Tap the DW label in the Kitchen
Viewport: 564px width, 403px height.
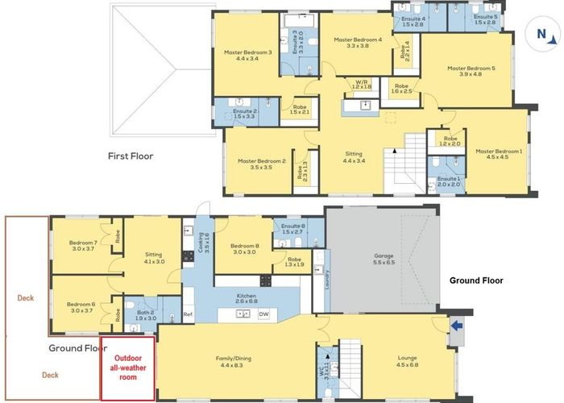coord(263,314)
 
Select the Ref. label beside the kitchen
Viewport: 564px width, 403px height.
coord(188,314)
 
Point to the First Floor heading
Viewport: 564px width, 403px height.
coord(130,156)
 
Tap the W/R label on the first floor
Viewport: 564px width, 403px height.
coord(363,84)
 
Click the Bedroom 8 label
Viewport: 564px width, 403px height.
coord(243,248)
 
